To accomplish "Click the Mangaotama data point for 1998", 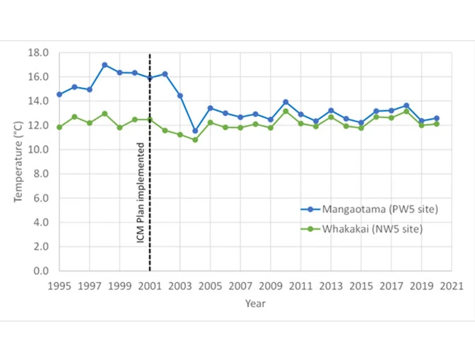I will (x=105, y=65).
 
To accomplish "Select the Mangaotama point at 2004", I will (x=195, y=131).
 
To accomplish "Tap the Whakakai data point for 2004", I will (x=195, y=140).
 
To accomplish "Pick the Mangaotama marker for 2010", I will (x=286, y=103).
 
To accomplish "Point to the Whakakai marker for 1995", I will (x=59, y=127).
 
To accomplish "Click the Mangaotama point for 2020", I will (x=437, y=118).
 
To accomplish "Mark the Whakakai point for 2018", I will (x=406, y=111).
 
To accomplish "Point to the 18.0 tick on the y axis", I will (x=39, y=53).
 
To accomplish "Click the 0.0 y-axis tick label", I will (x=41, y=271).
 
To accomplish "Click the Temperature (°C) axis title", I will (x=18, y=161).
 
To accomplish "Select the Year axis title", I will (x=255, y=303).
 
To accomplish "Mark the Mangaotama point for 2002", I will (x=165, y=74).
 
